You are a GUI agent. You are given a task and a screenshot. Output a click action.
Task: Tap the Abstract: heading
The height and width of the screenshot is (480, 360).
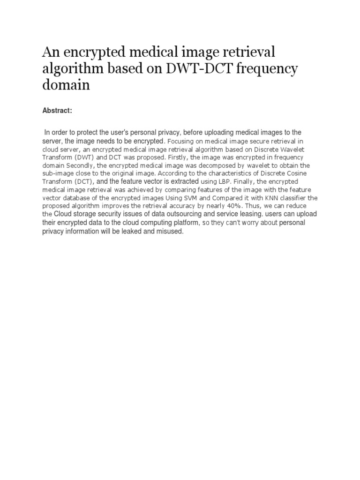pyautogui.click(x=57, y=110)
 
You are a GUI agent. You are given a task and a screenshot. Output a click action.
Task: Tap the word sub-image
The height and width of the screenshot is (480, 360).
pyautogui.click(x=57, y=173)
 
